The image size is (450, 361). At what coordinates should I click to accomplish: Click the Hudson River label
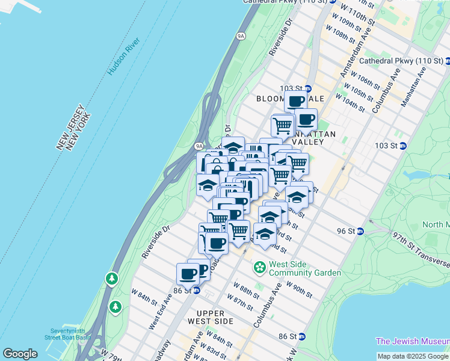pos(124,57)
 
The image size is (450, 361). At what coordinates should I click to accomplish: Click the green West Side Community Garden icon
pos(260,266)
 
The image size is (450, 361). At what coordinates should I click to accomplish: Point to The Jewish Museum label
pos(413,341)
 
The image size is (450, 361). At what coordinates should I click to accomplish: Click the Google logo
pos(20,354)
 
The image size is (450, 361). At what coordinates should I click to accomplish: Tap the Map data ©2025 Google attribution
pos(413,356)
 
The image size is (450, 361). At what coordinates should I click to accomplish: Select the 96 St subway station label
pos(348,231)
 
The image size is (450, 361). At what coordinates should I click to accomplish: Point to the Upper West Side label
pos(215,317)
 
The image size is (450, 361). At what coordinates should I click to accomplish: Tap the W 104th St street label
pos(350,103)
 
